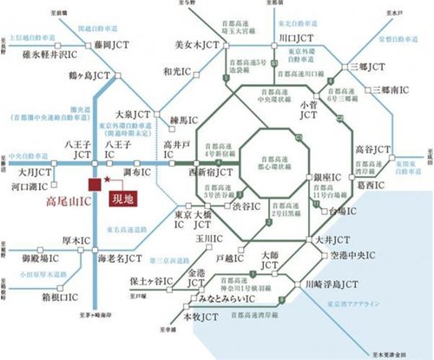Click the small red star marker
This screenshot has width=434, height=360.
click(107, 180)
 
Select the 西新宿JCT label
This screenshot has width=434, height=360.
click(213, 172)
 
